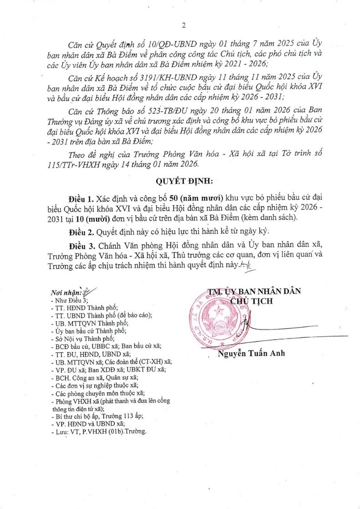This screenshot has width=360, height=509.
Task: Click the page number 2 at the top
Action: coord(184,26)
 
